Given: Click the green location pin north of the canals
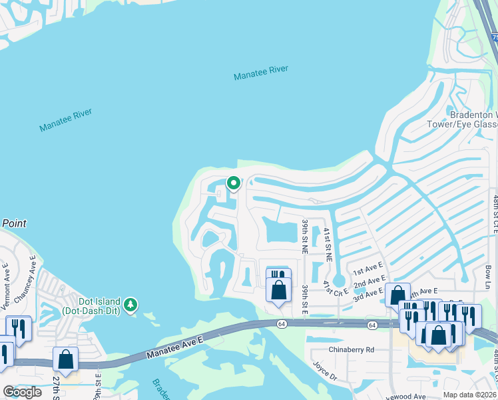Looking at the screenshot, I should pos(233,183).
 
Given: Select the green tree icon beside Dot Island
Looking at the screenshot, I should pos(132,305).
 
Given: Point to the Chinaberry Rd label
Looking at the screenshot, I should pos(352,349).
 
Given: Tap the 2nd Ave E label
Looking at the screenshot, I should pos(370,283).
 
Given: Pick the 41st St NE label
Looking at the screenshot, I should pos(327,244).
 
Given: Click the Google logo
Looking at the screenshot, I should pos(22,392).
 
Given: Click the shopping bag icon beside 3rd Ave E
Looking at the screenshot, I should pos(397,295).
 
